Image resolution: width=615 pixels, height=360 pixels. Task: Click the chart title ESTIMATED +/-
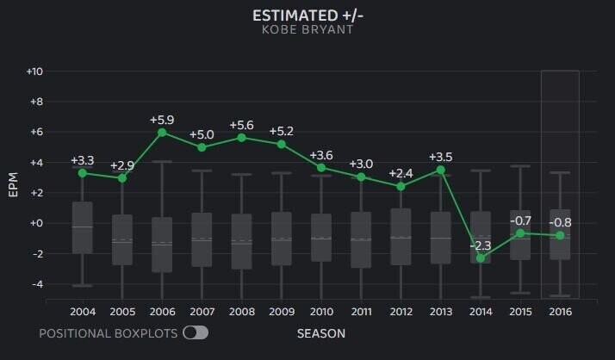click(x=307, y=16)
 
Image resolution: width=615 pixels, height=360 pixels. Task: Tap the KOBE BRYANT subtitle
click(x=307, y=30)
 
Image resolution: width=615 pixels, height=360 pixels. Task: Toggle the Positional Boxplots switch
click(x=196, y=332)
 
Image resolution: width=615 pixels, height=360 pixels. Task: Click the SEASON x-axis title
click(x=321, y=332)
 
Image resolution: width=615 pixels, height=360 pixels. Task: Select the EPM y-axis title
click(x=13, y=185)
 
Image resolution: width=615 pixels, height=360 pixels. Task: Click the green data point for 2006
click(x=162, y=133)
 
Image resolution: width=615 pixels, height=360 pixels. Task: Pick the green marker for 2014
click(x=481, y=258)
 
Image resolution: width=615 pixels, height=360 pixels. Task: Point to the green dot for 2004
click(x=83, y=173)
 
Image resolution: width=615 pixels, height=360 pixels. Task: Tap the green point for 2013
click(x=441, y=170)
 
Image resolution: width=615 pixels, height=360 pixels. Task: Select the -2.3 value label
click(x=481, y=245)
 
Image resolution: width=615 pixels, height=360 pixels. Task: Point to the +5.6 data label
click(x=242, y=124)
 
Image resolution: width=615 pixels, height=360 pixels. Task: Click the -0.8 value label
click(x=560, y=222)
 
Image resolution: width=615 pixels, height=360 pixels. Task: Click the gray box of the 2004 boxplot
click(x=83, y=227)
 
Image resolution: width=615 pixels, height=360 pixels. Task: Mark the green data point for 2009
click(x=282, y=144)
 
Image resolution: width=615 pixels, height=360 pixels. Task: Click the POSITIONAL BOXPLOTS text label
click(x=108, y=332)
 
